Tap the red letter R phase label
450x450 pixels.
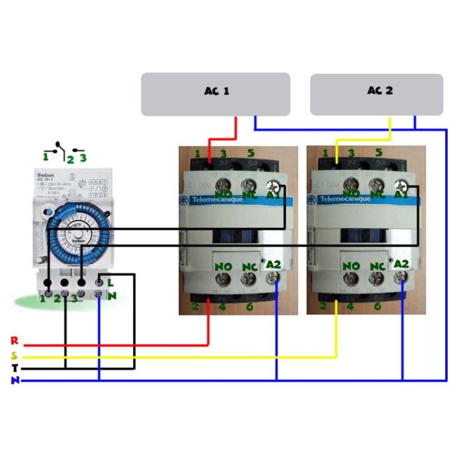coord(14,341)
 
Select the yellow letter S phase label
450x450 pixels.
coord(14,355)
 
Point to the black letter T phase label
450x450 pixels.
coord(14,368)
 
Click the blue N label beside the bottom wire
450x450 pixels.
coord(14,380)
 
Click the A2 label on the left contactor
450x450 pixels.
coord(274,265)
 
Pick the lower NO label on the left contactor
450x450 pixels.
coord(223,266)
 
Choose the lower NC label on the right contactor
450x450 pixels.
coord(376,266)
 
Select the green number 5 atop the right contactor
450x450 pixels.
coord(378,154)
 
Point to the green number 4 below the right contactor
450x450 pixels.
coord(350,307)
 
